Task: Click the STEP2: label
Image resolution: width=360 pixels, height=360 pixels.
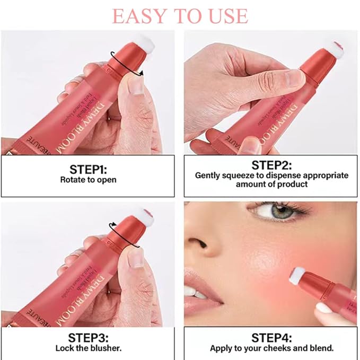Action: (x=271, y=164)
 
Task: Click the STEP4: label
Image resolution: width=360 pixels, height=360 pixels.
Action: (x=271, y=337)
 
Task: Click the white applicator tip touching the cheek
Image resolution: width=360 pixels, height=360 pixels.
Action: (x=298, y=275)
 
